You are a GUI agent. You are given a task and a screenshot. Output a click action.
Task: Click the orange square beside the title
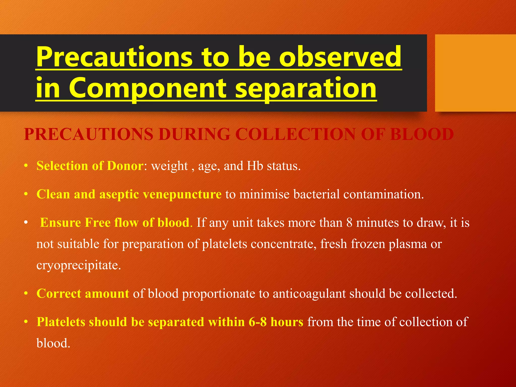click(475, 73)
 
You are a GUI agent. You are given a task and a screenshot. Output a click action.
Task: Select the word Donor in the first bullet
click(125, 166)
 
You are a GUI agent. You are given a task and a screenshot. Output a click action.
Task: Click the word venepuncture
click(182, 195)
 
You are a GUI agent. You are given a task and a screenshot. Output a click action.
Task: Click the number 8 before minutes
click(349, 223)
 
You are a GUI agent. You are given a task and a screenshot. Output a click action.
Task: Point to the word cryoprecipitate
click(79, 265)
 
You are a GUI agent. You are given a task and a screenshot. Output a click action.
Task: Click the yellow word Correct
click(59, 294)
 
